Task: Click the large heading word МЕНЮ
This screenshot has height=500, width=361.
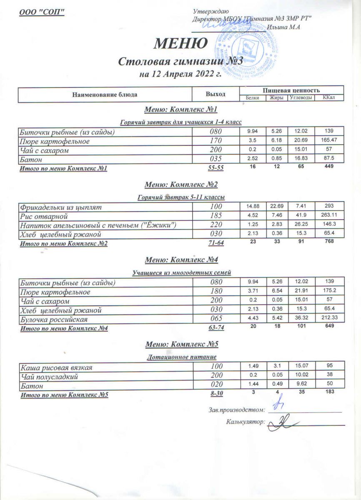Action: [180, 43]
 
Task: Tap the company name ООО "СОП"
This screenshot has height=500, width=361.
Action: [42, 12]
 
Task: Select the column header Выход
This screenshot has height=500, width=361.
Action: [216, 94]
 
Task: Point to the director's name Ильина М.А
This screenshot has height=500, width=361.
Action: [284, 27]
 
